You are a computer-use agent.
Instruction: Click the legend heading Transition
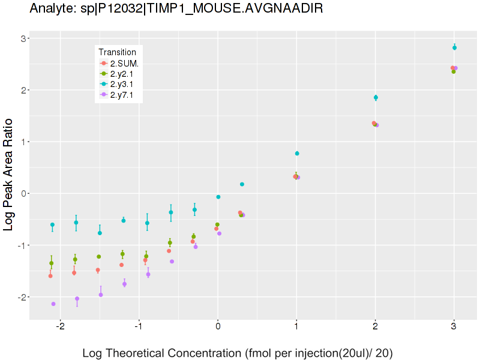(x=121, y=52)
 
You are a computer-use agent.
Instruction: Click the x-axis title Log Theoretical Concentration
(x=237, y=353)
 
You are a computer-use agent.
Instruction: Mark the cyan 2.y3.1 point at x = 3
(x=454, y=47)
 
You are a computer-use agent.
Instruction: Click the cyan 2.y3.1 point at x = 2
(x=376, y=97)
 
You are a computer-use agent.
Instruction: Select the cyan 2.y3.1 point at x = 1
(x=297, y=154)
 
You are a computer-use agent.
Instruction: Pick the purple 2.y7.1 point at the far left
(x=53, y=304)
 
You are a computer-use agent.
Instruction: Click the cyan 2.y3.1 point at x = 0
(x=218, y=197)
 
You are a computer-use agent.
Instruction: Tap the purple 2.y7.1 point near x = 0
(x=219, y=233)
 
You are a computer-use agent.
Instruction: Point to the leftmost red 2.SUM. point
(x=50, y=276)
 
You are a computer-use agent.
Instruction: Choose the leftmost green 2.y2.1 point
(x=52, y=263)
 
